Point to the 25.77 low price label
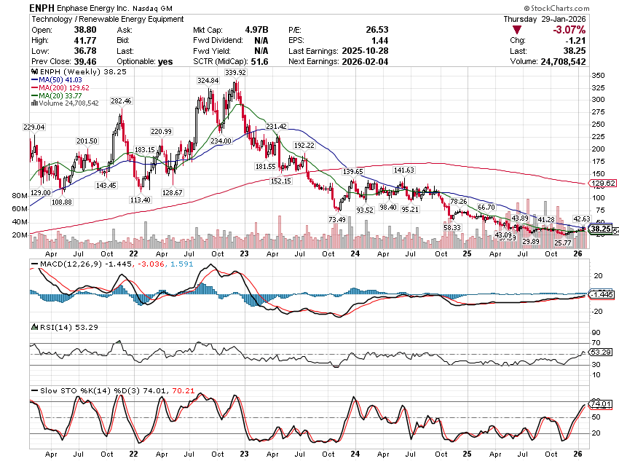point(563,243)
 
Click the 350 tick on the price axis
point(596,76)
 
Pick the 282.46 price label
point(120,102)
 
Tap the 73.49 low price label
point(336,219)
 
